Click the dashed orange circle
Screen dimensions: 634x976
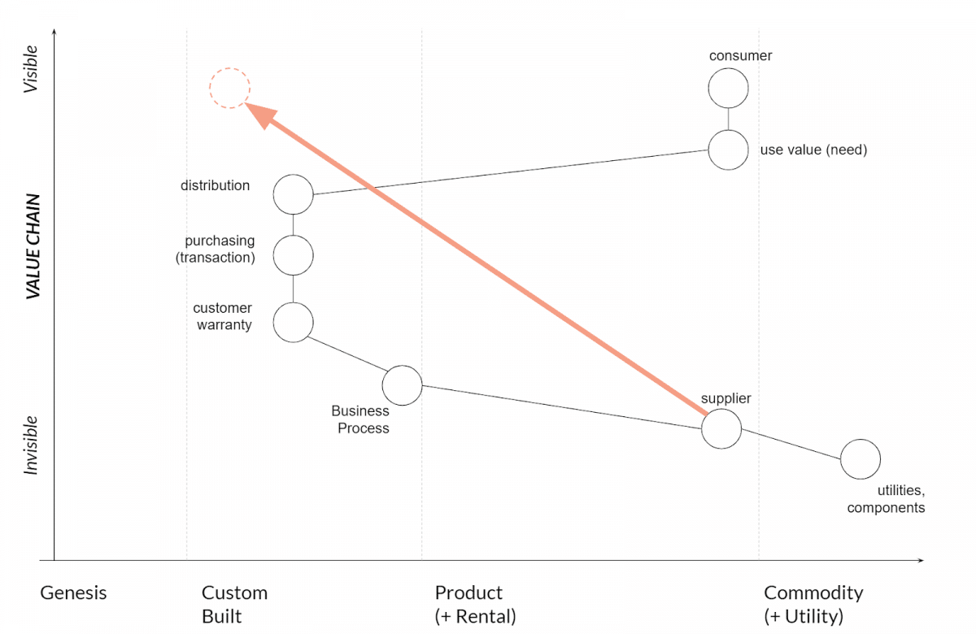pyautogui.click(x=229, y=89)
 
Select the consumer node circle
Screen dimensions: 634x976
pyautogui.click(x=728, y=89)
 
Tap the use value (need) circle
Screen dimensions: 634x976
pyautogui.click(x=728, y=150)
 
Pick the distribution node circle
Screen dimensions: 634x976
pyautogui.click(x=293, y=194)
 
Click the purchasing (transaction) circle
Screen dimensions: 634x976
pyautogui.click(x=293, y=255)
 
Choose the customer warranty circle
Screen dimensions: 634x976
pyautogui.click(x=293, y=323)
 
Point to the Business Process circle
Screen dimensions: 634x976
pyautogui.click(x=402, y=385)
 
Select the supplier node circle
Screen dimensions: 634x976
pyautogui.click(x=721, y=428)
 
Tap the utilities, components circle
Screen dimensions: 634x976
pyautogui.click(x=860, y=459)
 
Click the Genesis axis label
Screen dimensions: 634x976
pyautogui.click(x=73, y=593)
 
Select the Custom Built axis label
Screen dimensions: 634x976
pyautogui.click(x=234, y=604)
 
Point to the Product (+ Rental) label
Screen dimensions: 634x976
pyautogui.click(x=475, y=604)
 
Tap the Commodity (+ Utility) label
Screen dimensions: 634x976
pyautogui.click(x=813, y=604)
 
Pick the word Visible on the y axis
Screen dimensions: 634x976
pyautogui.click(x=31, y=69)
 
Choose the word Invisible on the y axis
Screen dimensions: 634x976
pyautogui.click(x=31, y=445)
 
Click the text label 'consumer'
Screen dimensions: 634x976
pyautogui.click(x=740, y=56)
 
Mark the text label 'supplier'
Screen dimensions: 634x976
pyautogui.click(x=725, y=398)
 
